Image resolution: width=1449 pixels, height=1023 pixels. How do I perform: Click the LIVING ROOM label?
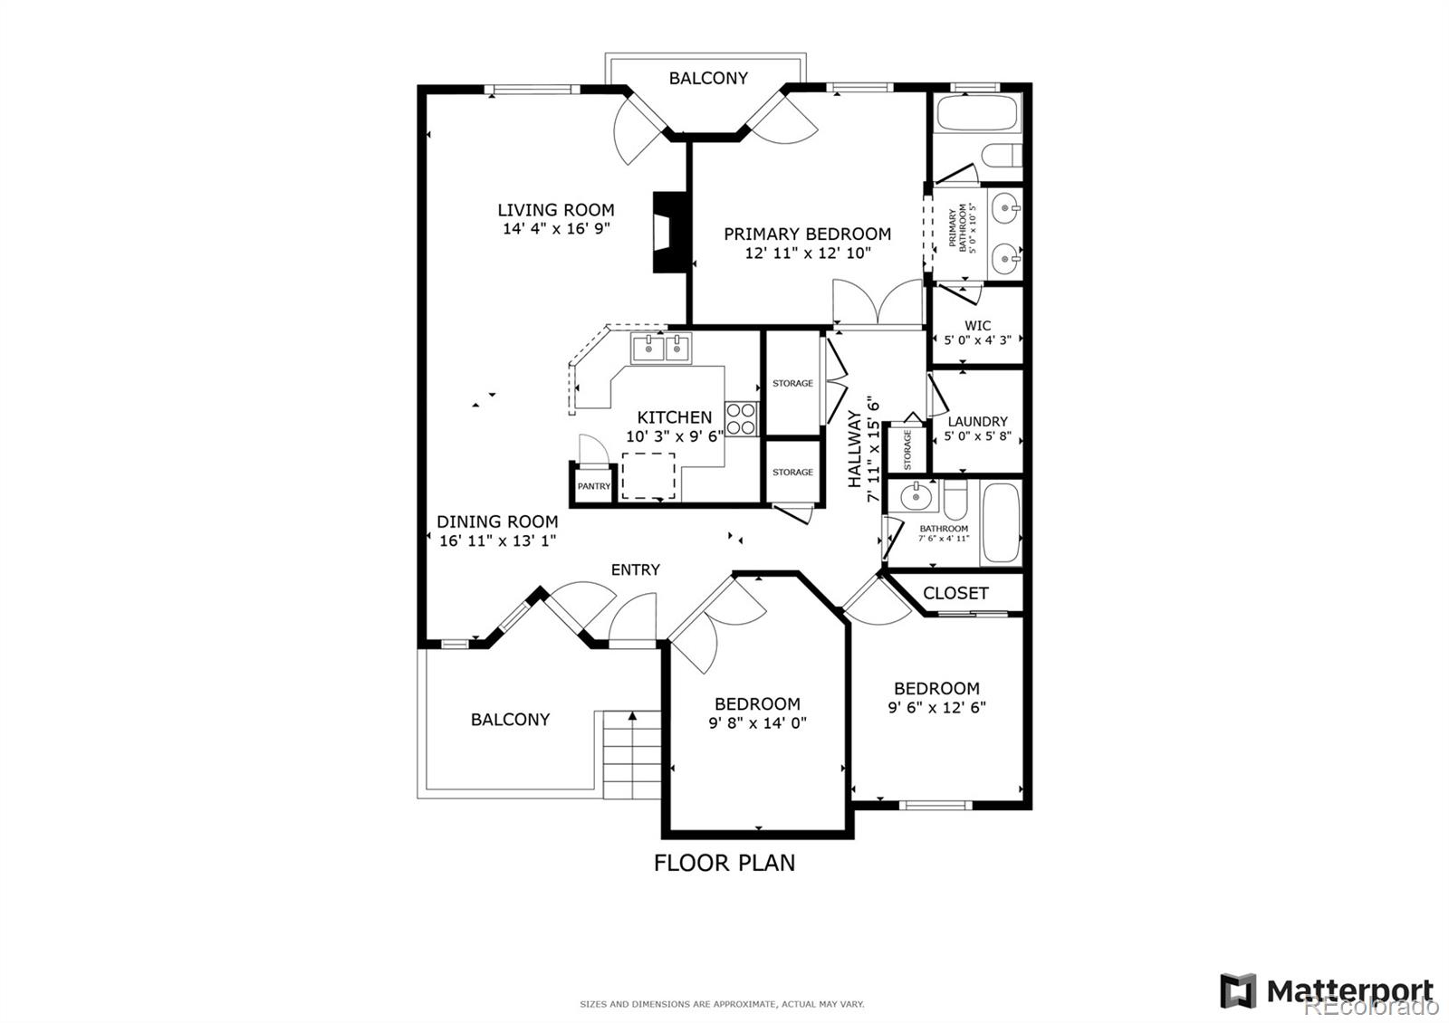click(555, 210)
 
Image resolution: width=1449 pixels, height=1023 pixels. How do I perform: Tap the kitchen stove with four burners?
click(741, 419)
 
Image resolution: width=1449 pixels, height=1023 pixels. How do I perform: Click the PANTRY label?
click(594, 486)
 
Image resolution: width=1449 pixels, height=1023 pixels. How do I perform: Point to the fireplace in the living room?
click(667, 232)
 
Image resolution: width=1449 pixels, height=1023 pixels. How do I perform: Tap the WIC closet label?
click(977, 325)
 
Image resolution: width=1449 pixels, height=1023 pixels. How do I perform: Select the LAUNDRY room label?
click(977, 421)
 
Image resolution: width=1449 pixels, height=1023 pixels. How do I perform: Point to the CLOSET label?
click(955, 593)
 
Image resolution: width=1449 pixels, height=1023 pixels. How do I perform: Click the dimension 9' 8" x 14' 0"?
click(757, 723)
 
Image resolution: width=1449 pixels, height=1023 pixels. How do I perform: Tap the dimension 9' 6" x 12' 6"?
click(936, 707)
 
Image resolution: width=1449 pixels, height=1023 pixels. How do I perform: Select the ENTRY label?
click(635, 569)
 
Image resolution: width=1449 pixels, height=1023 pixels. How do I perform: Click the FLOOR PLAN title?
click(724, 863)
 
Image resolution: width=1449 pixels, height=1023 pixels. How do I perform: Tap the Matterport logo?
click(1327, 990)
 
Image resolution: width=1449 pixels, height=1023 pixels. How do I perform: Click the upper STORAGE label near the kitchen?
click(792, 383)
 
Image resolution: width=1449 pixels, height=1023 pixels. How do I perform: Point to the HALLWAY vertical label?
click(855, 449)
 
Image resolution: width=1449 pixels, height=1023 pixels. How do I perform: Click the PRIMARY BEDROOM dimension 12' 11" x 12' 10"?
click(808, 253)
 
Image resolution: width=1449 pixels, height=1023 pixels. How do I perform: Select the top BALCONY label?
click(708, 78)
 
